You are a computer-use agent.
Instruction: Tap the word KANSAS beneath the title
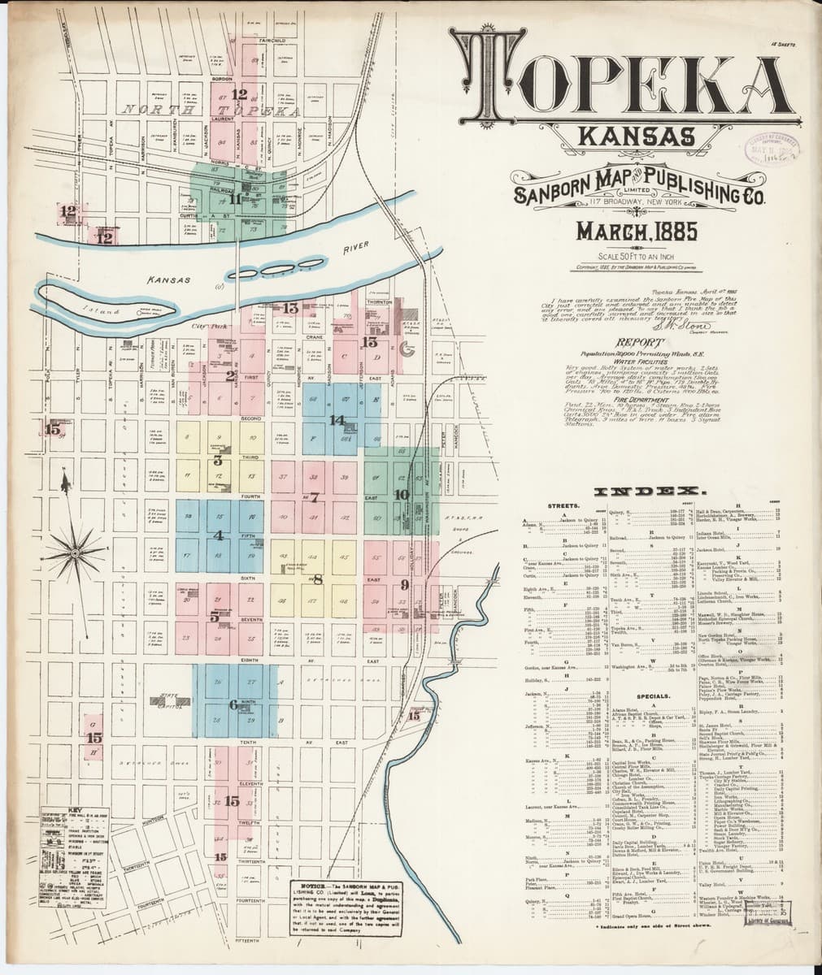click(x=637, y=139)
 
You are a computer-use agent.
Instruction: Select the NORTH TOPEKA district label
click(x=187, y=109)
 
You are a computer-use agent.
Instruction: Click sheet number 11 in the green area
click(x=235, y=198)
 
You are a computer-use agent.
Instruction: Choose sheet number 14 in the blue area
click(x=337, y=420)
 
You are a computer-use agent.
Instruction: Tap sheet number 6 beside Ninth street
click(x=233, y=704)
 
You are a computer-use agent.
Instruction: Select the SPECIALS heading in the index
click(x=653, y=696)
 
